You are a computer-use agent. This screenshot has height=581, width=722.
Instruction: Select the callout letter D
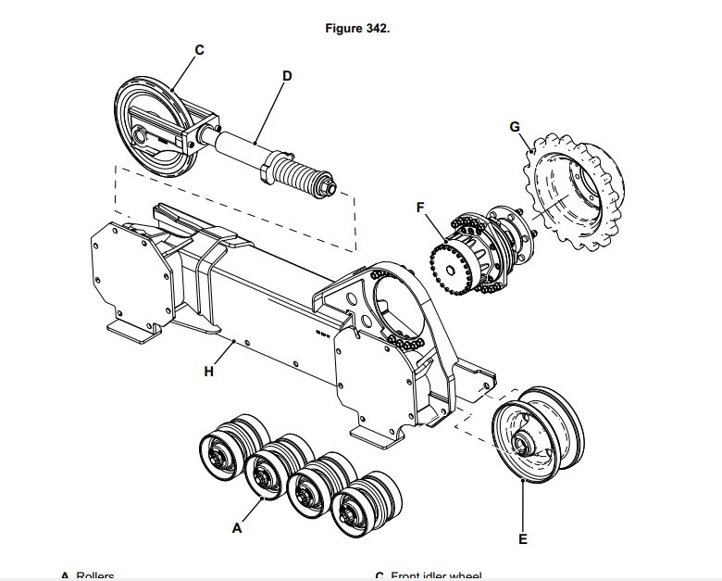point(287,77)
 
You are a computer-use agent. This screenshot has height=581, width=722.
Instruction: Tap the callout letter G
point(515,125)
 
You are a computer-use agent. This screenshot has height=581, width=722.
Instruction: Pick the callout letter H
point(208,372)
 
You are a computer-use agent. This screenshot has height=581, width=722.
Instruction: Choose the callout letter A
point(237,527)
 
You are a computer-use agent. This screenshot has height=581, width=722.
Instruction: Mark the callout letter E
point(523,537)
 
